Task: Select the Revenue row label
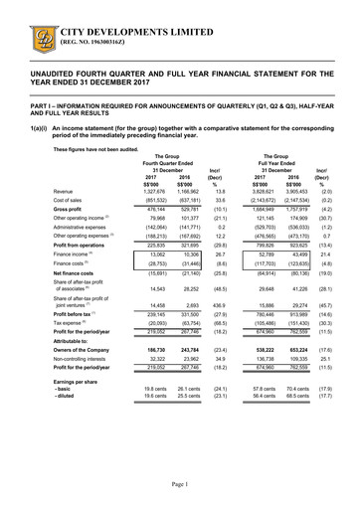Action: click(64, 192)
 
